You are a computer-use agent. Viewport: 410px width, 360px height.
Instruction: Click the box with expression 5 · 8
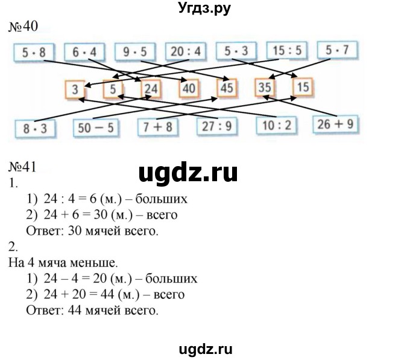31,53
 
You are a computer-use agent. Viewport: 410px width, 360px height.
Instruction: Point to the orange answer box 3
75,89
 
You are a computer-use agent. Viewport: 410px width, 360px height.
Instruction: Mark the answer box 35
265,88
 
